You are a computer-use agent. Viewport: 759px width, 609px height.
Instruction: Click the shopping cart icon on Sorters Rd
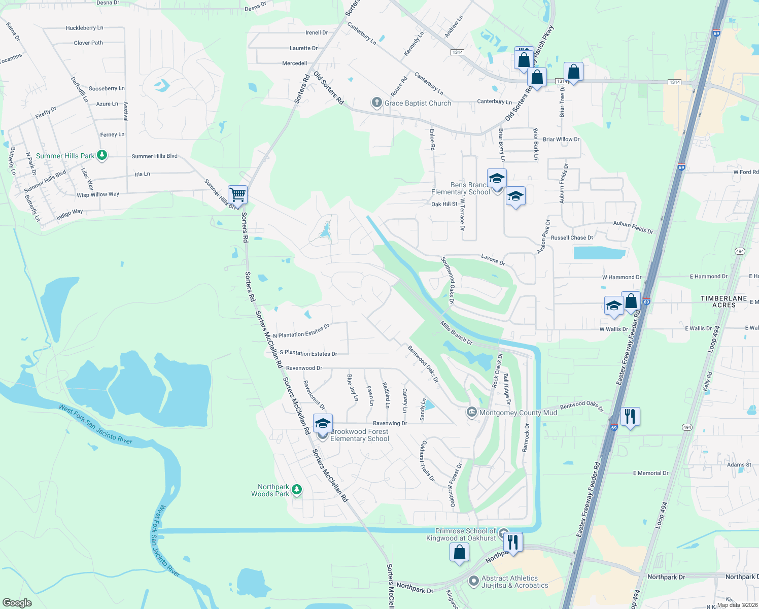237,194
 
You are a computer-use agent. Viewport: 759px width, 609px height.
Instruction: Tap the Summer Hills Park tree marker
102,155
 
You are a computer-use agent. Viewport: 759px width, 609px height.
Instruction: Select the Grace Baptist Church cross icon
376,103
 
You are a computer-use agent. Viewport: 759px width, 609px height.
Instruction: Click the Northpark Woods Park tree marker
297,490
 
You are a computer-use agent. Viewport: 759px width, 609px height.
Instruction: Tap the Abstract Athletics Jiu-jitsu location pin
473,581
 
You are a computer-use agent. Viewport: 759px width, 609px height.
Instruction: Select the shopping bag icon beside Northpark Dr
459,553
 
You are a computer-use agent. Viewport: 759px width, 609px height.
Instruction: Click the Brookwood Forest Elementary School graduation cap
323,423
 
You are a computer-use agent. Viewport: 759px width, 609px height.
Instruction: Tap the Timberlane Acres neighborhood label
723,301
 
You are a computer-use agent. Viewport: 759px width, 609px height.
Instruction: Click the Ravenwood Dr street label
304,368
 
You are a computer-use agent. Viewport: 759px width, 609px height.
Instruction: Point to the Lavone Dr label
493,259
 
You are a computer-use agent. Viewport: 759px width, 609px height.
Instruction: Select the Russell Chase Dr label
572,238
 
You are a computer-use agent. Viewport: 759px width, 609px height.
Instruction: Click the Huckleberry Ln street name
84,28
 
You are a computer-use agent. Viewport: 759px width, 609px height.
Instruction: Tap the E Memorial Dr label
650,473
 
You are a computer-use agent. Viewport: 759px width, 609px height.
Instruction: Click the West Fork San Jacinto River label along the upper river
95,424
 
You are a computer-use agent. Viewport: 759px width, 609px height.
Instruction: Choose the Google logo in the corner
17,602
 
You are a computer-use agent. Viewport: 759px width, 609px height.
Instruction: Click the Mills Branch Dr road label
456,333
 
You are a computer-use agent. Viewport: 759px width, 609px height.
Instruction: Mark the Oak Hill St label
444,204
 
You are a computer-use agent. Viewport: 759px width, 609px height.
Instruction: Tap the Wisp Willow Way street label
98,194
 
